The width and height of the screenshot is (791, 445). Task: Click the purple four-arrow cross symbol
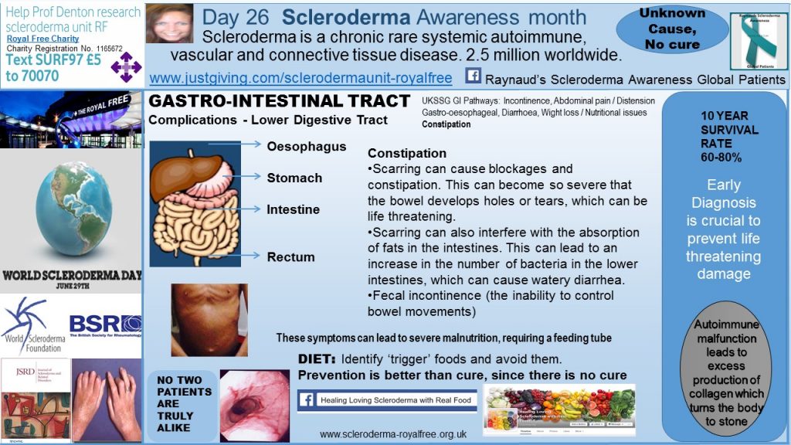127,66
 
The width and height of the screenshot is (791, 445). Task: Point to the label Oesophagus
307,146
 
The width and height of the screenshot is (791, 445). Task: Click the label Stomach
294,178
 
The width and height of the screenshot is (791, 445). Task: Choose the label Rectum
290,256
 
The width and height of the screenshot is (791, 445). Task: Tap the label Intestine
293,209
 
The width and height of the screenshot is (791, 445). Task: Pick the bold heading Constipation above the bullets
406,154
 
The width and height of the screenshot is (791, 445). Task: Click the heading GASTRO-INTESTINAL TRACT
279,101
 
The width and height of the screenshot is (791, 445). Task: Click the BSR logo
105,324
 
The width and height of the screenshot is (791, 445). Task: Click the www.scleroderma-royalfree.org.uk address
392,433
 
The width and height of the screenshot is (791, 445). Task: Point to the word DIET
317,359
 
